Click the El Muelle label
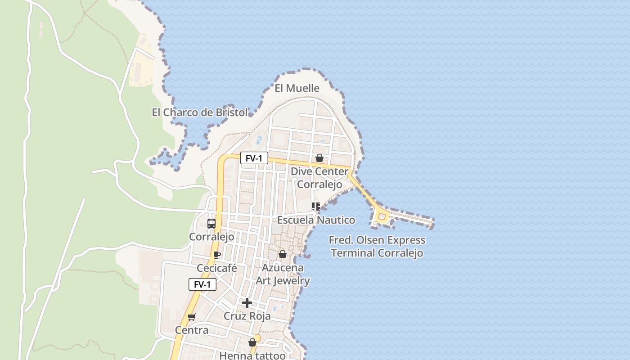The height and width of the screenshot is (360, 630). (x=297, y=88)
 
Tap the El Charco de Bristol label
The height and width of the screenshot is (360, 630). (x=200, y=112)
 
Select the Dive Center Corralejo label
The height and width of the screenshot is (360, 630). (x=319, y=178)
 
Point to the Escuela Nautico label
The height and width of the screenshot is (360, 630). (x=316, y=220)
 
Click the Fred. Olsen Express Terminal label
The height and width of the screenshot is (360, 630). (x=377, y=246)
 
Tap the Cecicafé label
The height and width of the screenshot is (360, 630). (x=217, y=268)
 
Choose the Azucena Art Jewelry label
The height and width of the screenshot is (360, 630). (x=283, y=274)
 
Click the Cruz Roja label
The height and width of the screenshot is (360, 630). (x=247, y=316)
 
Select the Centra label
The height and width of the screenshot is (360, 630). (x=192, y=330)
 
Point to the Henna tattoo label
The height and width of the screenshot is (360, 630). (x=252, y=355)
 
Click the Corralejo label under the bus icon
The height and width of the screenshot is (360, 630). (x=211, y=237)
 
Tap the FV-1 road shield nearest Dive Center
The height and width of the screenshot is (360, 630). (x=254, y=158)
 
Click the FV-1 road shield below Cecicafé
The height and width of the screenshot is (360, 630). (x=202, y=284)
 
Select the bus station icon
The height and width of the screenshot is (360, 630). (x=211, y=223)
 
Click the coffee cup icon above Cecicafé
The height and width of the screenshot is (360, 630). (x=217, y=255)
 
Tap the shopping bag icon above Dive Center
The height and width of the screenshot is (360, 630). (x=319, y=158)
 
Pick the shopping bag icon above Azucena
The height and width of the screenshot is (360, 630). (x=283, y=254)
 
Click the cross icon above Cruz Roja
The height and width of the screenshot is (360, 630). (x=247, y=303)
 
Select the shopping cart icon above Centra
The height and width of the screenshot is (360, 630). (x=192, y=317)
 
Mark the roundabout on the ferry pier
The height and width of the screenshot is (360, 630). (x=382, y=217)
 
